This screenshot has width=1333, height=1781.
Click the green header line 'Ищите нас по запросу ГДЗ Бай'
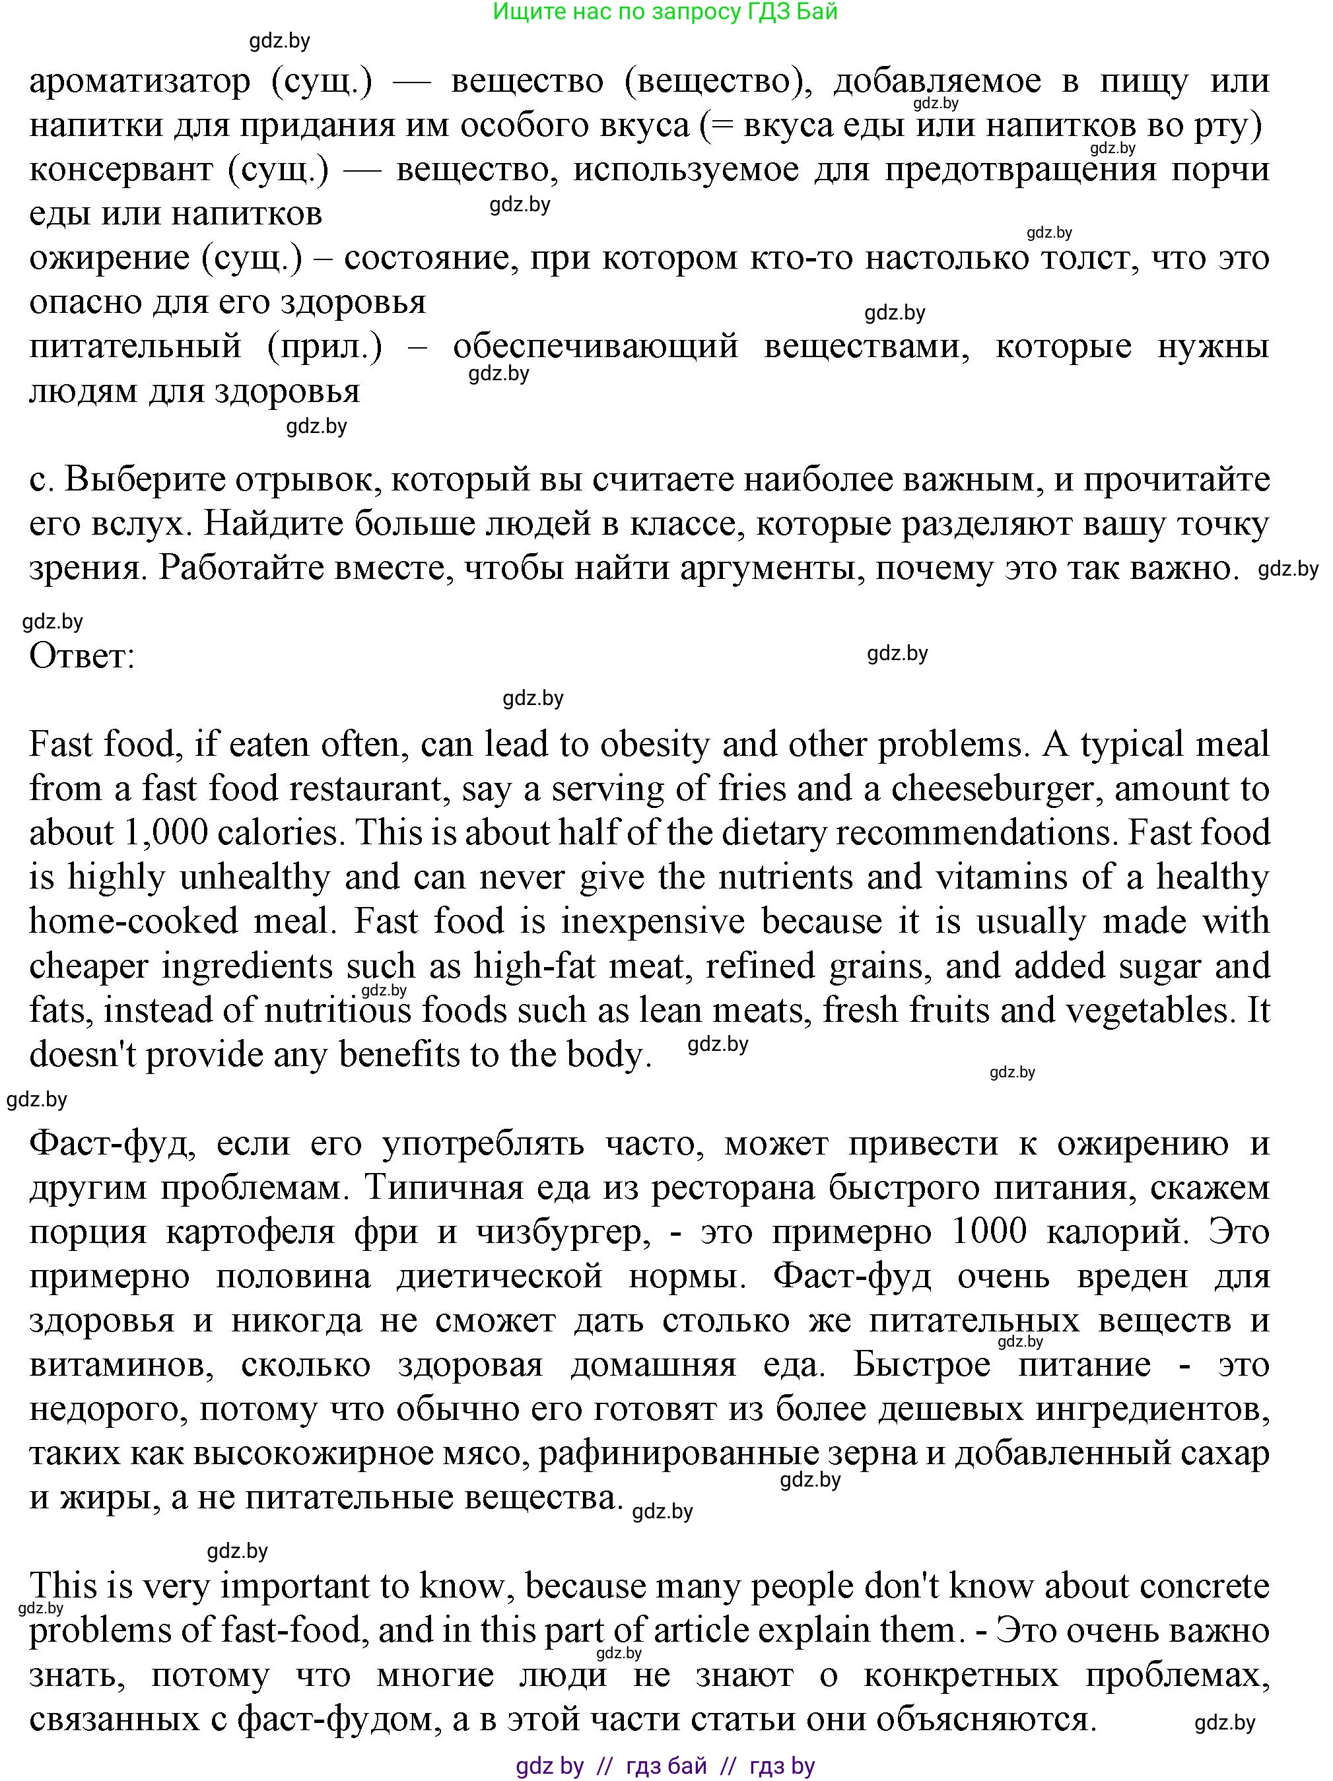pos(666,12)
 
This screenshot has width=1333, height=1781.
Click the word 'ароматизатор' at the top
pos(140,81)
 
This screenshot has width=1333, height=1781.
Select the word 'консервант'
pos(120,170)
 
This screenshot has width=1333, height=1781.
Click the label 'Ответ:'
pos(81,656)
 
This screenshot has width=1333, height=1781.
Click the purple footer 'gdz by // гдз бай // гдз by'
pos(666,1766)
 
